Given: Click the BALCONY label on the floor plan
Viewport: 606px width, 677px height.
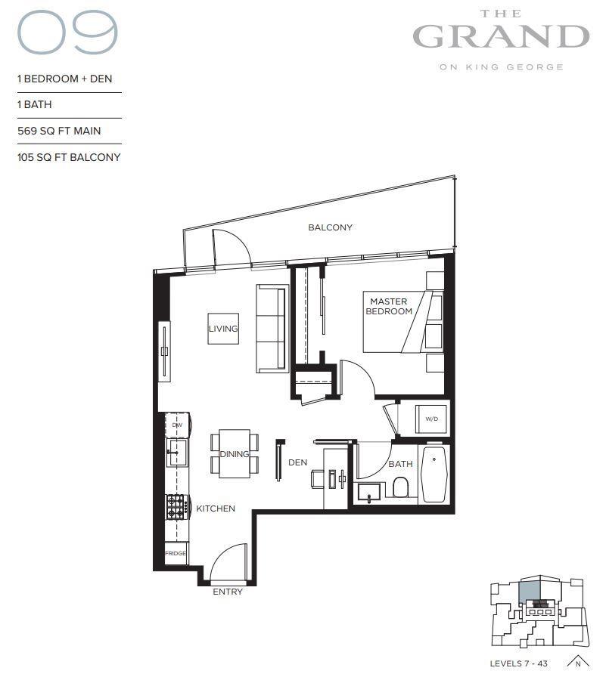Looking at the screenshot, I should click(330, 227).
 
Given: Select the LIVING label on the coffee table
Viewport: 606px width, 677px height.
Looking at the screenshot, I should click(223, 329).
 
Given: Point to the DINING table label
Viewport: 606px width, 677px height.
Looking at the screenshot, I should click(235, 454).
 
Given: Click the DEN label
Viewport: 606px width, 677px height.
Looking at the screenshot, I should click(297, 462).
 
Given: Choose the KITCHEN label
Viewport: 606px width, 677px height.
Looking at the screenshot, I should click(216, 509).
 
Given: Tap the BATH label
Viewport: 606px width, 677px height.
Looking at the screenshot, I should click(400, 465).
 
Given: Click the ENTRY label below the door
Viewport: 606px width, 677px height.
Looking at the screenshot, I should click(228, 592).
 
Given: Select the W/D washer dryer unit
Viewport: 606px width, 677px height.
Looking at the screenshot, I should click(432, 418).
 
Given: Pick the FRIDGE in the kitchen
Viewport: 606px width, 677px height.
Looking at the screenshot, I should click(176, 553).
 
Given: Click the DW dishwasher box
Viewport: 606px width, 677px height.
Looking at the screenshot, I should click(177, 425).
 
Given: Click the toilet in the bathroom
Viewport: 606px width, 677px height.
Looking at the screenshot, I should click(401, 489).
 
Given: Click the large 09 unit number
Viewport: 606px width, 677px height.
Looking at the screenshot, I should click(67, 36).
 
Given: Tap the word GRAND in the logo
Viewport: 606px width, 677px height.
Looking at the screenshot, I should click(500, 36).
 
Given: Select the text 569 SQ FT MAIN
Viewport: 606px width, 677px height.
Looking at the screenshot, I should click(59, 131).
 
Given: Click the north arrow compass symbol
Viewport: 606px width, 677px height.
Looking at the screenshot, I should click(577, 661).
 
